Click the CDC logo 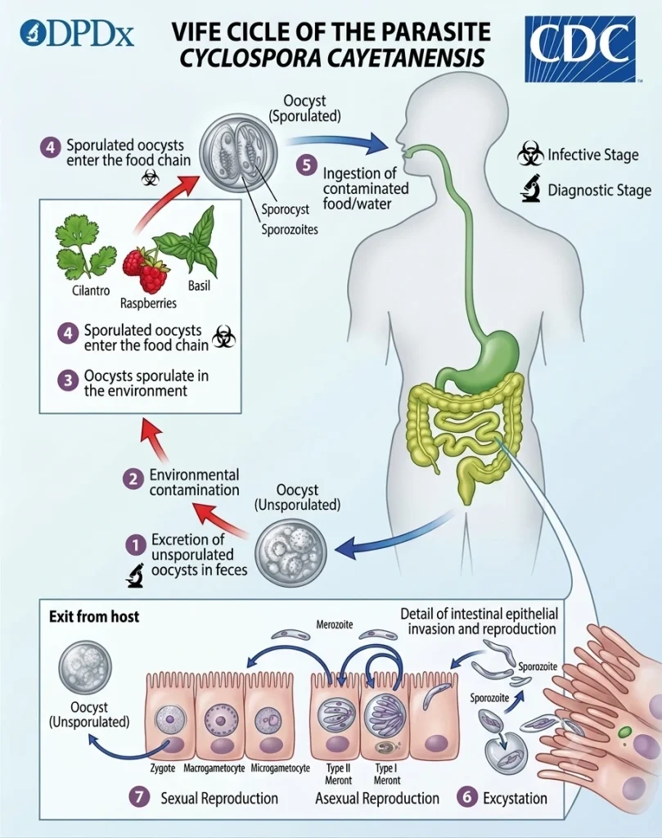(580, 49)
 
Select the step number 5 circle (307, 164)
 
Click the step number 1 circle (136, 545)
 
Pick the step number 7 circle (139, 797)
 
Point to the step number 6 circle (467, 797)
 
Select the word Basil (199, 286)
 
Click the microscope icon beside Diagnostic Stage (531, 189)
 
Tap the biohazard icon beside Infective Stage (530, 154)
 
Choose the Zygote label (162, 768)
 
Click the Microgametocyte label (281, 768)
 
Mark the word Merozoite (335, 624)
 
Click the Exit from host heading (94, 616)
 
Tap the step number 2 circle (133, 479)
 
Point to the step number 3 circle (68, 381)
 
